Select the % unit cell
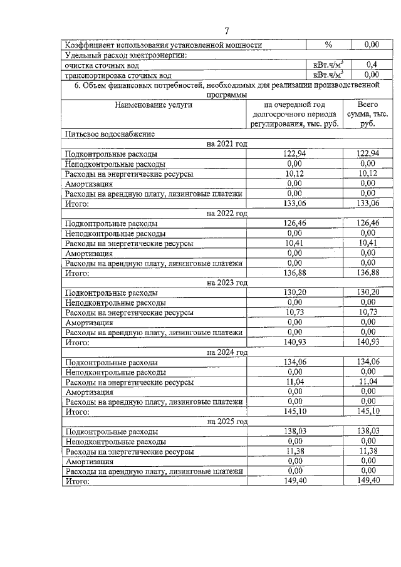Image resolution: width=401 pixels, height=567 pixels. tap(328, 45)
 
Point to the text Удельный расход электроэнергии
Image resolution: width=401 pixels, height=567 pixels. tap(126, 55)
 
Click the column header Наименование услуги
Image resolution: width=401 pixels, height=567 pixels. tap(154, 105)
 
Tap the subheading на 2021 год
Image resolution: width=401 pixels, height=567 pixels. tap(227, 143)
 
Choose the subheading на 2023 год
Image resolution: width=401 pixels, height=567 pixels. tap(227, 283)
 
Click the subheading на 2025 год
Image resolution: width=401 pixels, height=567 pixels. tap(227, 422)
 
